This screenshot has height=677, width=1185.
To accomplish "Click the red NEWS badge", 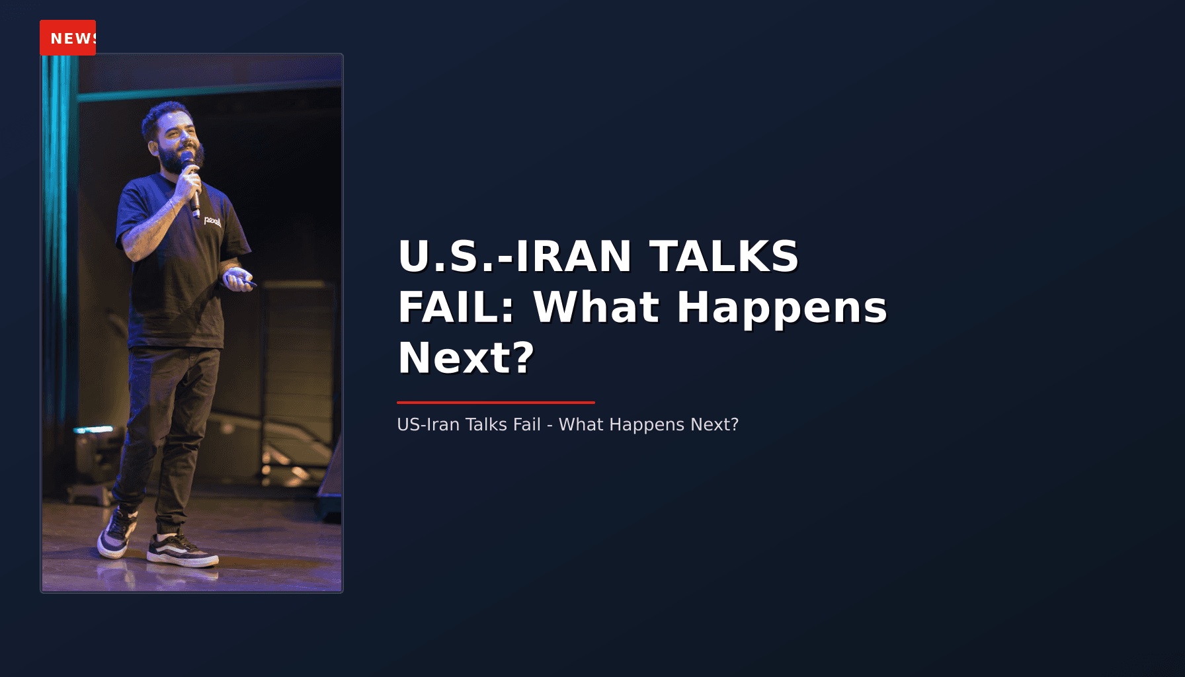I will tap(67, 38).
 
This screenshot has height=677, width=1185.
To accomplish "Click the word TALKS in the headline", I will tap(723, 257).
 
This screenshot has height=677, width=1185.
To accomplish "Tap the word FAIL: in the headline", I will tap(456, 307).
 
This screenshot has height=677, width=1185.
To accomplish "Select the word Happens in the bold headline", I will tap(781, 307).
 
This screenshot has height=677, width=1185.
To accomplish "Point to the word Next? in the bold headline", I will tap(466, 358).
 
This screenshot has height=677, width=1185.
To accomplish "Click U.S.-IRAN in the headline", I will tap(515, 257).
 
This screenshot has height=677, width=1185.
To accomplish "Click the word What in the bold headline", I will tap(596, 307).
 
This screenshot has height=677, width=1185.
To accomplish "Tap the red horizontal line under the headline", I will tap(495, 402).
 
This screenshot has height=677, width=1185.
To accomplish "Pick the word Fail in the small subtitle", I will tap(526, 424).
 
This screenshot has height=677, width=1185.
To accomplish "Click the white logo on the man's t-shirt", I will tap(212, 221).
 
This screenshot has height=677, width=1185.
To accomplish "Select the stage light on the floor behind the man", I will tap(93, 456).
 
